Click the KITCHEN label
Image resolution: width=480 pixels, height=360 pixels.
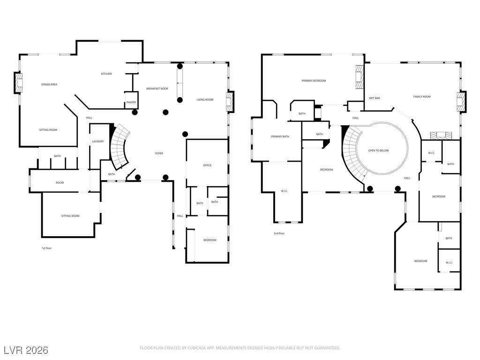[x=106, y=74]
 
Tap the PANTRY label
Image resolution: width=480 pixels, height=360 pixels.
[x=131, y=102]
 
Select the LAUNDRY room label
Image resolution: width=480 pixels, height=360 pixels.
[x=97, y=142]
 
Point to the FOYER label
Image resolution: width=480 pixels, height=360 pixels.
[x=159, y=153]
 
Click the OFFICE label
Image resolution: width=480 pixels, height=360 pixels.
[x=207, y=165]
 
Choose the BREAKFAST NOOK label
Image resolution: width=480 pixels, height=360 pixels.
[x=157, y=89]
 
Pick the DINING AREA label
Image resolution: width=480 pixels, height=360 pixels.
[x=49, y=84]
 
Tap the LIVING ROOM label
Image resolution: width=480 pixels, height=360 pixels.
[x=205, y=100]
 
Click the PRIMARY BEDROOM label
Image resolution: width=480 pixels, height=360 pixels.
[x=314, y=81]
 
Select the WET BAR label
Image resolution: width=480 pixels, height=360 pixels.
[x=375, y=98]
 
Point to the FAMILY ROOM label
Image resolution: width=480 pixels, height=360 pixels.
[x=422, y=97]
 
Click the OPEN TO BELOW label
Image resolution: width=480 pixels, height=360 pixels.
[x=378, y=150]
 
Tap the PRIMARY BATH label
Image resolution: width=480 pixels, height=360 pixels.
[x=280, y=136]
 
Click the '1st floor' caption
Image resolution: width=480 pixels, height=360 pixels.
[x=46, y=248]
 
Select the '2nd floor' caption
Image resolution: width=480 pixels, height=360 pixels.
[x=279, y=233]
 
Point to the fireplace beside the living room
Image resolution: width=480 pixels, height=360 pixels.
[x=229, y=102]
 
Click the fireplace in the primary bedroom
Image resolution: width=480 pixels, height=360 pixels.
[x=360, y=76]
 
